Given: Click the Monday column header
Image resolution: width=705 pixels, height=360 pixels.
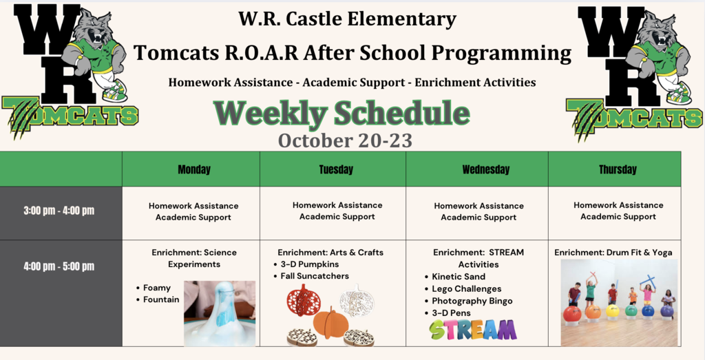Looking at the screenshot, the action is [x=193, y=169].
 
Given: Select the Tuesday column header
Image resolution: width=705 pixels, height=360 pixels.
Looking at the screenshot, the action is [x=336, y=169].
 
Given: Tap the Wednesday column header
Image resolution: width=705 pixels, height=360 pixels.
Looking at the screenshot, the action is [x=485, y=169].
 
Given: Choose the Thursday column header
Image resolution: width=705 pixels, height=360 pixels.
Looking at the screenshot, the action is [x=618, y=169].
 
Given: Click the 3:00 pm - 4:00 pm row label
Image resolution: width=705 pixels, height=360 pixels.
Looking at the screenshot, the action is [x=59, y=211].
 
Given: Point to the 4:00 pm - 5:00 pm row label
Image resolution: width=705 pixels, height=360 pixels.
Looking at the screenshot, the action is [x=59, y=266].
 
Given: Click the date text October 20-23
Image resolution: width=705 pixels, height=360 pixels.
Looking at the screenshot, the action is [x=345, y=140].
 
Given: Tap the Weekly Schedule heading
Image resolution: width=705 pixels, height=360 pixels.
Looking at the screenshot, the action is [x=341, y=114].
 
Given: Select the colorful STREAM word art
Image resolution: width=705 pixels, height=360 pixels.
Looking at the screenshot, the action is [x=472, y=330].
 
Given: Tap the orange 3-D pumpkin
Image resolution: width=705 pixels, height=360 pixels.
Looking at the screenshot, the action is [x=330, y=323].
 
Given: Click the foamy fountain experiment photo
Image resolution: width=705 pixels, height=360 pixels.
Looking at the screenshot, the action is [x=220, y=314].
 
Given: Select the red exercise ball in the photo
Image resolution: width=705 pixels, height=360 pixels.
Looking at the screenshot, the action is [x=572, y=313].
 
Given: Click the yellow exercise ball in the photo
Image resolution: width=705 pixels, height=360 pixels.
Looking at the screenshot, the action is [x=612, y=310].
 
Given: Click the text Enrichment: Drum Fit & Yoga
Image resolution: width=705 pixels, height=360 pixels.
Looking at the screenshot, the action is [x=613, y=253].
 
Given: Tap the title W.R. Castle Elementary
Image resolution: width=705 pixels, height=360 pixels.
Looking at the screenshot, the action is [x=347, y=19].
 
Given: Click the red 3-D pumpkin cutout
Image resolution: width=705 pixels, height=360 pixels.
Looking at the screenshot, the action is [x=304, y=300].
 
